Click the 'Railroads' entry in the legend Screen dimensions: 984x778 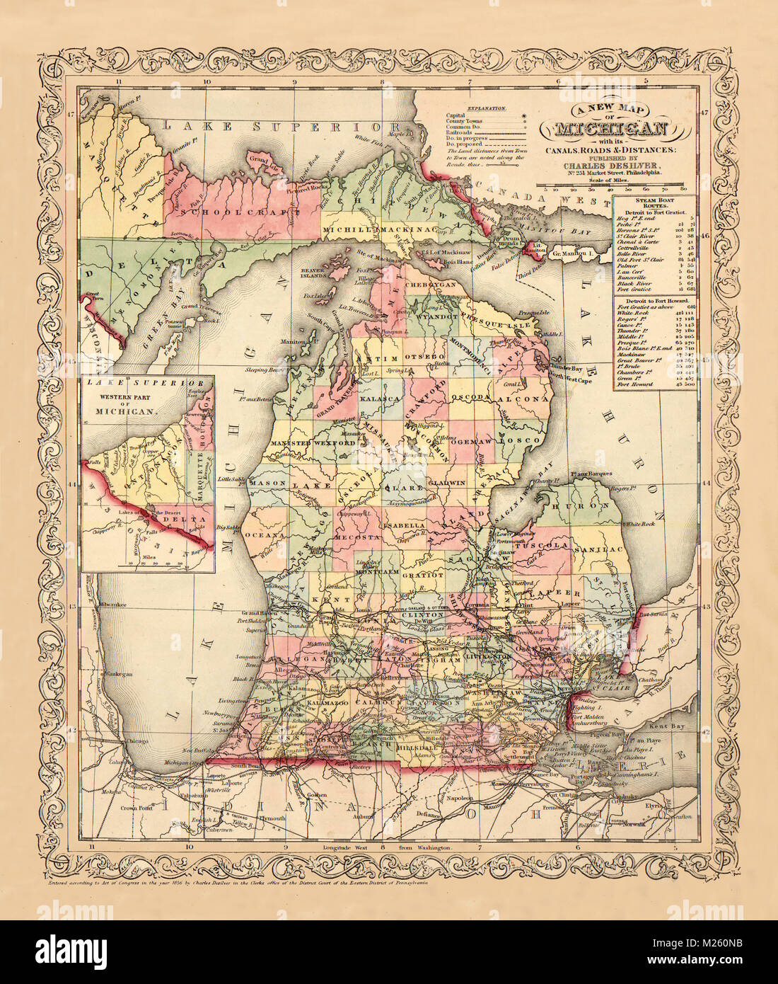(459, 132)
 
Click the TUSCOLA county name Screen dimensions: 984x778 (542, 547)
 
